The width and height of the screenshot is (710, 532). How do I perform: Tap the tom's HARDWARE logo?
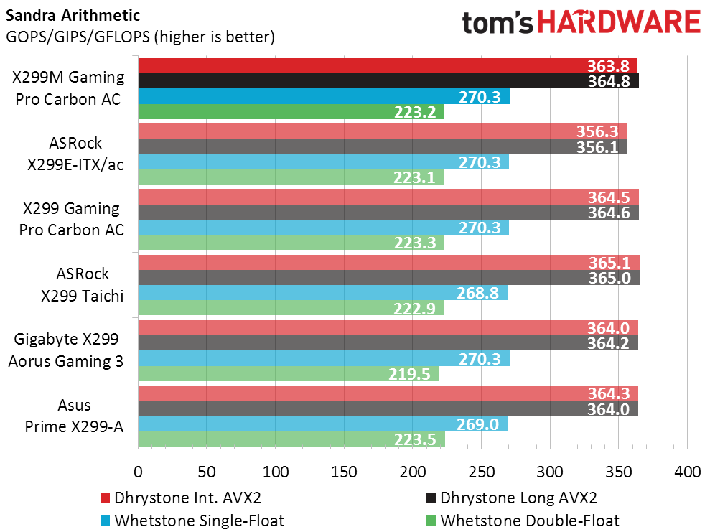tap(581, 22)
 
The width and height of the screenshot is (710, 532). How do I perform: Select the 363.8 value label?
tap(608, 66)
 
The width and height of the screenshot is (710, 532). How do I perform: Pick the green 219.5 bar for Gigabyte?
tap(287, 374)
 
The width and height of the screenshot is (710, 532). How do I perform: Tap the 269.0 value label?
tap(478, 424)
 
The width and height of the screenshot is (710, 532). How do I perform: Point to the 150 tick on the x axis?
tap(344, 473)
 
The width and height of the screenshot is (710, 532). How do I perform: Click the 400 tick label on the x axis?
tap(687, 473)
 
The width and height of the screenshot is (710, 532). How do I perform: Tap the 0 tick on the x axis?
tap(138, 473)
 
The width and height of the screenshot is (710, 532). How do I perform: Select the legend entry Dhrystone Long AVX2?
tap(518, 498)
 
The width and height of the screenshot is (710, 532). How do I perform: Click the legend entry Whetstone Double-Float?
tap(530, 521)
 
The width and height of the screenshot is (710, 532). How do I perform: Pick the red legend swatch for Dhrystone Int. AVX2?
tap(105, 498)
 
